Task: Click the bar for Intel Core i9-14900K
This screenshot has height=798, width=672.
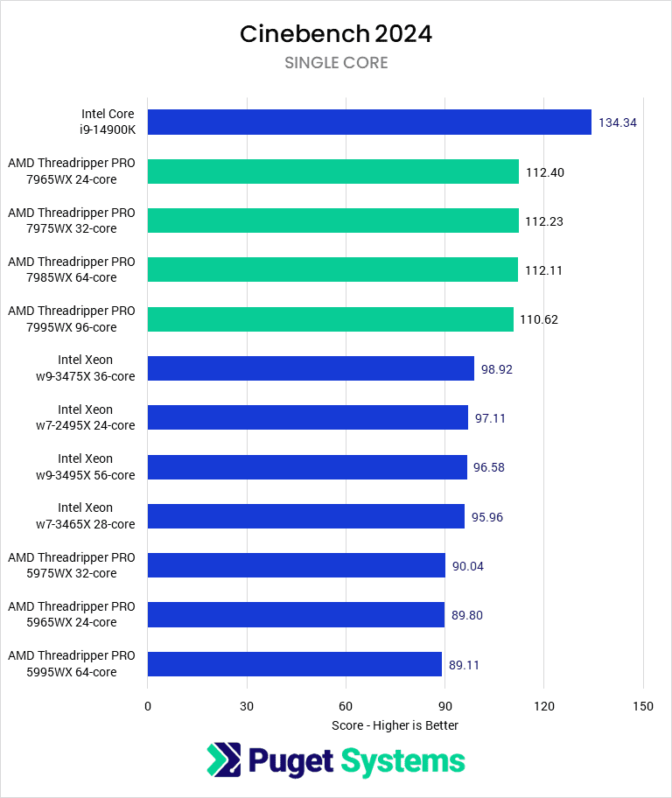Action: [x=369, y=122]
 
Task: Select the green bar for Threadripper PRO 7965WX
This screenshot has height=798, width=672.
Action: [x=333, y=171]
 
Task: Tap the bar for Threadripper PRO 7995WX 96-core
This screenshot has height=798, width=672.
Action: [x=331, y=319]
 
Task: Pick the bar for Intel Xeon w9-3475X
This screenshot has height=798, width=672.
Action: [x=311, y=368]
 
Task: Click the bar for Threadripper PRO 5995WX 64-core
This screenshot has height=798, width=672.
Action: [x=295, y=664]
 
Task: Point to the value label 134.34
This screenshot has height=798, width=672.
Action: [x=617, y=122]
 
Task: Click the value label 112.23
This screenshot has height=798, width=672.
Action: [x=544, y=221]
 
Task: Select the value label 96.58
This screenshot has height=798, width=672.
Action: [x=488, y=467]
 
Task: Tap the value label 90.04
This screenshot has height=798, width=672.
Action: [x=467, y=566]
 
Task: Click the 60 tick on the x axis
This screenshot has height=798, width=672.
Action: [x=346, y=706]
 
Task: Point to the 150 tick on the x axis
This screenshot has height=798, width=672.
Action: [x=643, y=706]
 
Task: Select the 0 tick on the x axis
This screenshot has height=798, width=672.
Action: [x=148, y=706]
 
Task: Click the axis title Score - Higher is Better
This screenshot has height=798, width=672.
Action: [x=395, y=725]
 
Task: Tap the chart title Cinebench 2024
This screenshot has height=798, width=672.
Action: [x=336, y=34]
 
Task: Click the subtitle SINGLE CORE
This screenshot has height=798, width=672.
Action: [x=336, y=63]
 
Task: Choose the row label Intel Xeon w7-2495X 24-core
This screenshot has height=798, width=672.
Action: [x=86, y=417]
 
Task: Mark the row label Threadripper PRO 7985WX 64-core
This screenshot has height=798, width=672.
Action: [x=72, y=269]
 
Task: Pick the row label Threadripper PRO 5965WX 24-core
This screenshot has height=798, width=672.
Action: [x=72, y=614]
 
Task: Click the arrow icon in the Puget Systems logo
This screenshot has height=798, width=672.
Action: [x=223, y=760]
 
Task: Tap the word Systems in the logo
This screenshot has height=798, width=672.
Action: [x=402, y=760]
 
